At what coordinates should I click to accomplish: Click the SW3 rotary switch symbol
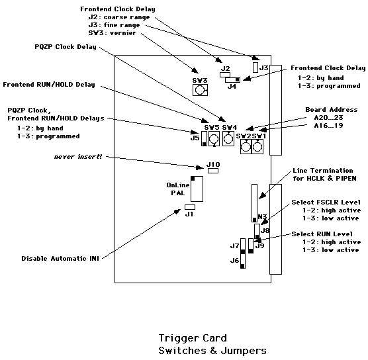pyautogui.click(x=200, y=90)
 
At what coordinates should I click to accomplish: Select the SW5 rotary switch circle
pyautogui.click(x=214, y=139)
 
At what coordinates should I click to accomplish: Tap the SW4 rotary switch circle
pyautogui.click(x=228, y=139)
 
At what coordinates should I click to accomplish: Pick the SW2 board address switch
pyautogui.click(x=246, y=147)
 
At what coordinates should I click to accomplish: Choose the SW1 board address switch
pyautogui.click(x=257, y=147)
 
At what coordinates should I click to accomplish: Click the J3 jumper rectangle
pyautogui.click(x=255, y=67)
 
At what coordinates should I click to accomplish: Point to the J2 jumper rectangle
pyautogui.click(x=225, y=75)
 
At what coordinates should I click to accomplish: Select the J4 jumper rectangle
pyautogui.click(x=232, y=80)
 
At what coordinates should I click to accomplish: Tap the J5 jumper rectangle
pyautogui.click(x=204, y=138)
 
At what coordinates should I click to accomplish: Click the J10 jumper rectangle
pyautogui.click(x=213, y=171)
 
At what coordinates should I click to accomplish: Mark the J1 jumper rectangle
pyautogui.click(x=190, y=207)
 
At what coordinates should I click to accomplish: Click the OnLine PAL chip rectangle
pyautogui.click(x=197, y=189)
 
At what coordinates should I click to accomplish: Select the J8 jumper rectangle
pyautogui.click(x=257, y=232)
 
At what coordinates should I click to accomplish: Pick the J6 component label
pyautogui.click(x=234, y=261)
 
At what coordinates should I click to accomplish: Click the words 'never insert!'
pyautogui.click(x=78, y=157)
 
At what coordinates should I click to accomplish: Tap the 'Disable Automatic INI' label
pyautogui.click(x=60, y=258)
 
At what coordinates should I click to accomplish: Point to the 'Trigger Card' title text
pyautogui.click(x=193, y=338)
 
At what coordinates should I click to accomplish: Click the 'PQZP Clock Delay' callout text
pyautogui.click(x=66, y=47)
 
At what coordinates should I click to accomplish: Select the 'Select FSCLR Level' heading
pyautogui.click(x=326, y=202)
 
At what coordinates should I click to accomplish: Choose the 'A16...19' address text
pyautogui.click(x=328, y=126)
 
